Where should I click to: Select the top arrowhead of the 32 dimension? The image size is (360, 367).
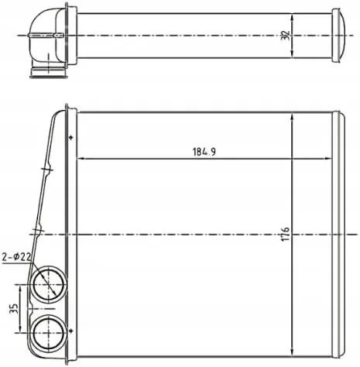[293, 15]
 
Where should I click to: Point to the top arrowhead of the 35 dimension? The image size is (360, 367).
[24, 286]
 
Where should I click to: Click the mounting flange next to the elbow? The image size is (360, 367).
[70, 34]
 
